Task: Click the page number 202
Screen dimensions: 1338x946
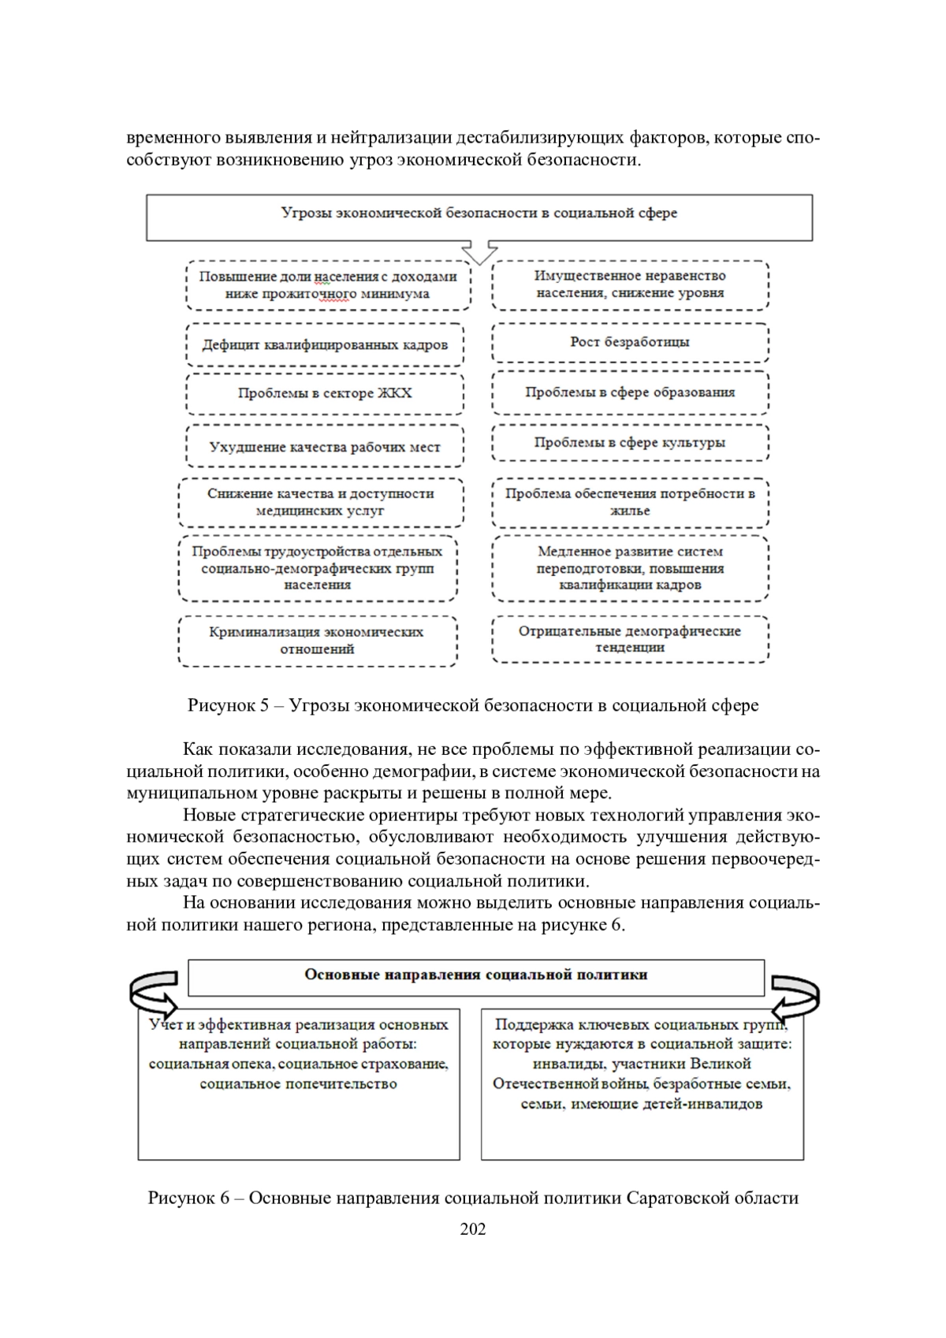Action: (473, 1228)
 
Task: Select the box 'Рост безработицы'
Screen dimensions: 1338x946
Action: (630, 342)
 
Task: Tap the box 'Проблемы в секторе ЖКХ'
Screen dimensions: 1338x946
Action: (325, 393)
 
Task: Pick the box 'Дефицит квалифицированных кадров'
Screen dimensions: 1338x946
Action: (325, 345)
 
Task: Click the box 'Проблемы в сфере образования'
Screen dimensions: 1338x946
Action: (630, 392)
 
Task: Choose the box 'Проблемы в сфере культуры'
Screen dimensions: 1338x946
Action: (630, 443)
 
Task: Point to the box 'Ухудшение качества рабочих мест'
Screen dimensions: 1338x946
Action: (325, 447)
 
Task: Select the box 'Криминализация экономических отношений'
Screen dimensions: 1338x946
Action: (317, 641)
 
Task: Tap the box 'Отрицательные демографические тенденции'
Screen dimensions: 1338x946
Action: (630, 639)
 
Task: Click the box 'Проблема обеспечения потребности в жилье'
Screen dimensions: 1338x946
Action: (630, 502)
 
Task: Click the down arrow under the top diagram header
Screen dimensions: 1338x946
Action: (479, 252)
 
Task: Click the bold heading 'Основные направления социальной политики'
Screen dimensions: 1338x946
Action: (476, 976)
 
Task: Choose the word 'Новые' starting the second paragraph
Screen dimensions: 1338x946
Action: (207, 816)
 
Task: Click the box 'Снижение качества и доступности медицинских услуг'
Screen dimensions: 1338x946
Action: (321, 502)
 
